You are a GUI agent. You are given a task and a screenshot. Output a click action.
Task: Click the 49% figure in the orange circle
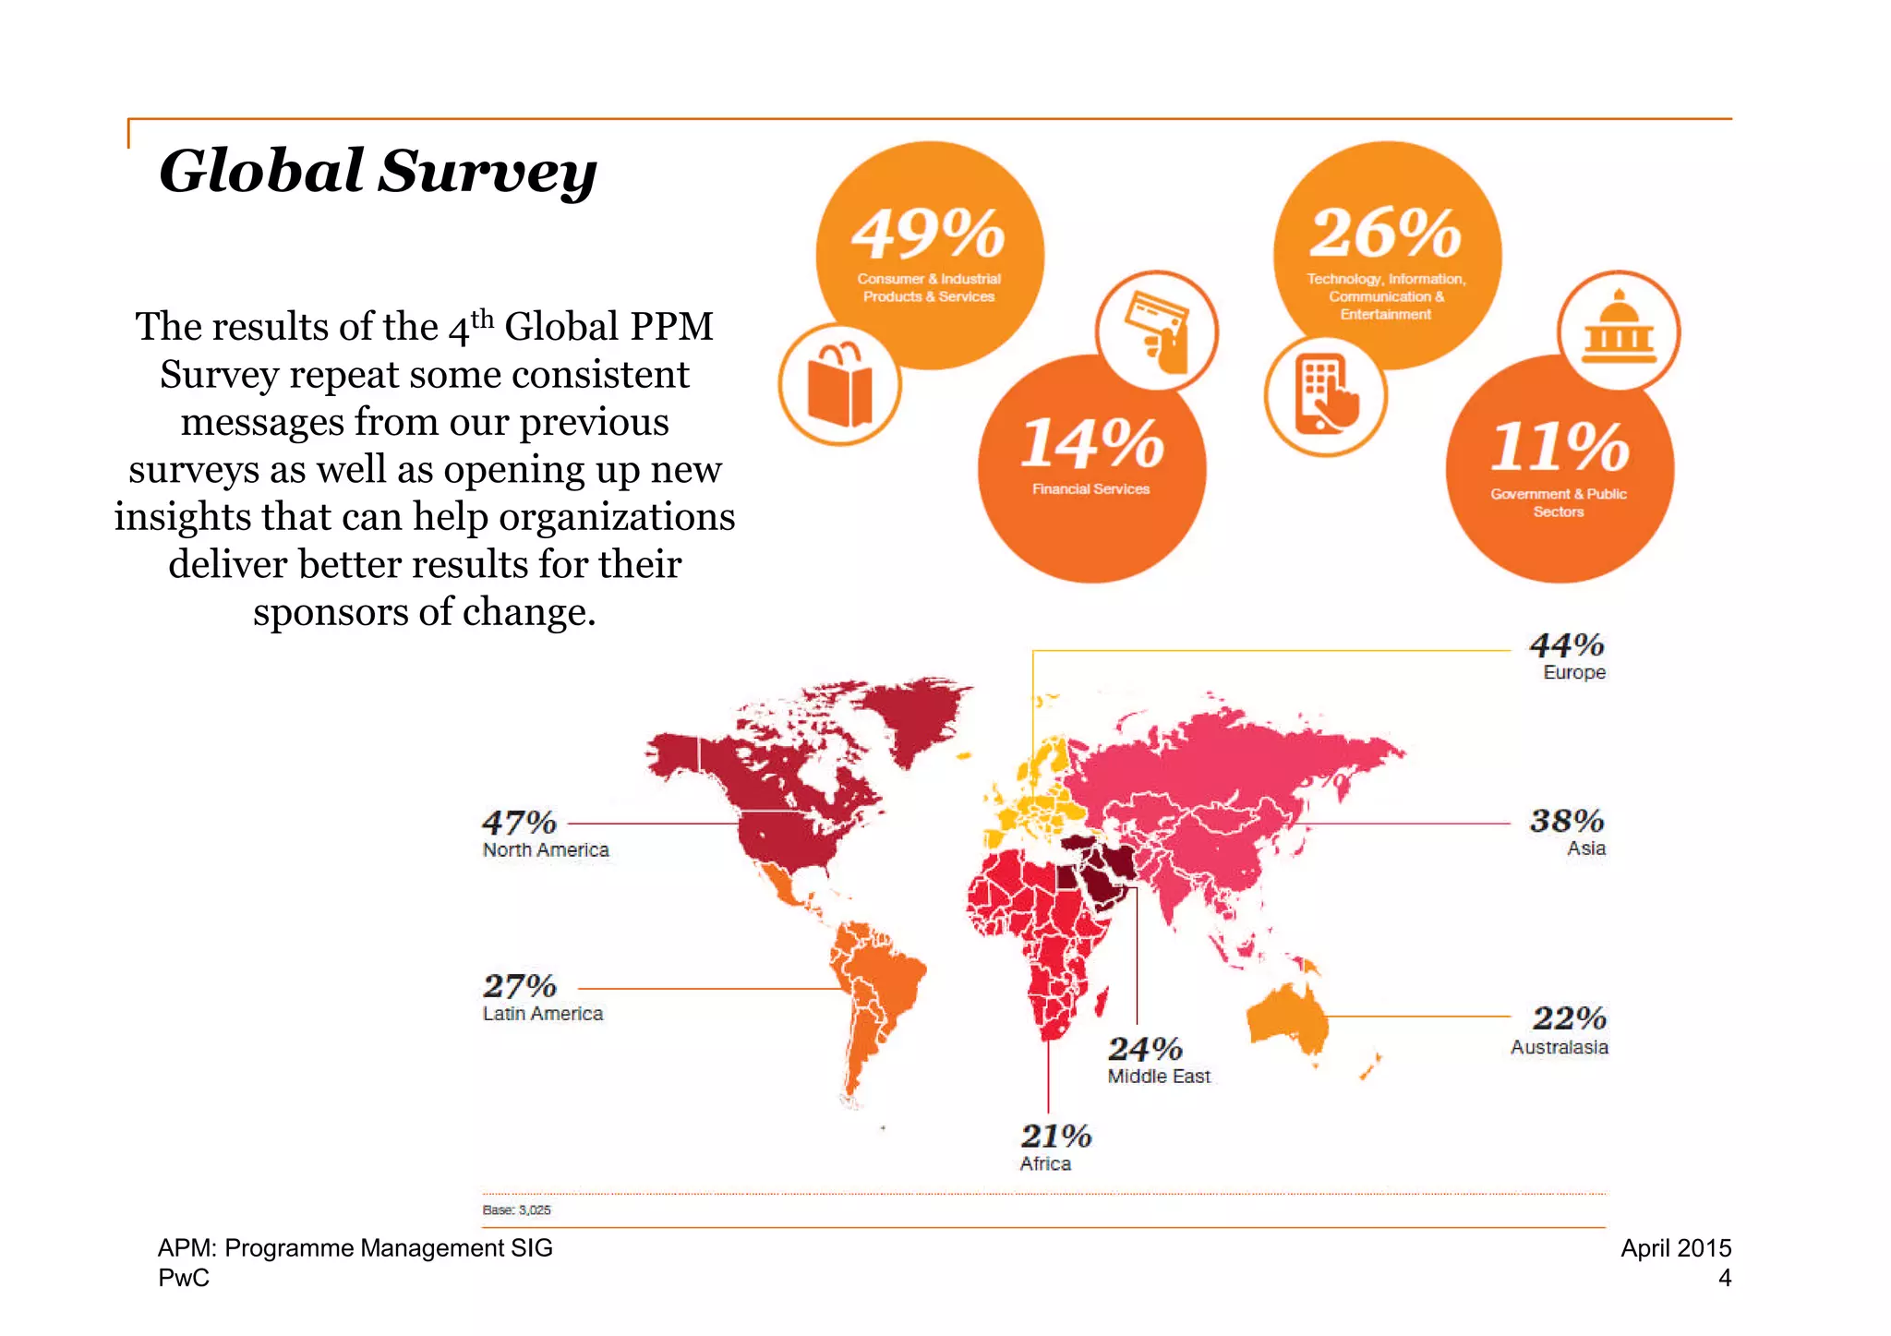pyautogui.click(x=928, y=233)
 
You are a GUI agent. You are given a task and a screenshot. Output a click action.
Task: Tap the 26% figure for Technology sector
pyautogui.click(x=1385, y=233)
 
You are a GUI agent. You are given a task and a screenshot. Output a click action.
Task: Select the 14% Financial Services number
pyautogui.click(x=1092, y=444)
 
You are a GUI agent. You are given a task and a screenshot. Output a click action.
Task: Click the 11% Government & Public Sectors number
pyautogui.click(x=1560, y=447)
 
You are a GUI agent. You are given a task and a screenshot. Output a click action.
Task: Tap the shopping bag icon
pyautogui.click(x=839, y=385)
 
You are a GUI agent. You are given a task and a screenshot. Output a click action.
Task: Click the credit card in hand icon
pyautogui.click(x=1157, y=331)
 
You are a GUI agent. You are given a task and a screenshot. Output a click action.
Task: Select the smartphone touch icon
pyautogui.click(x=1326, y=395)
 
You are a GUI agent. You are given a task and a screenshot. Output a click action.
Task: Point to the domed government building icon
pyautogui.click(x=1618, y=331)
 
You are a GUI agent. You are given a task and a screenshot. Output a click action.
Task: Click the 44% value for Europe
pyautogui.click(x=1566, y=644)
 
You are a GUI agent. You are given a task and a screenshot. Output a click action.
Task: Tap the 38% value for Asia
pyautogui.click(x=1566, y=820)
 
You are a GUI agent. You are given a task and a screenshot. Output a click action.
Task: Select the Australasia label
pyautogui.click(x=1559, y=1047)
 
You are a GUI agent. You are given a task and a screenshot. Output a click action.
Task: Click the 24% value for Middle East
pyautogui.click(x=1144, y=1049)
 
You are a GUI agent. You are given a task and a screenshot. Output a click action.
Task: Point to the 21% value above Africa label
pyautogui.click(x=1055, y=1136)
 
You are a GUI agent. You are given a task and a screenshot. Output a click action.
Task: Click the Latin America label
pyautogui.click(x=542, y=1014)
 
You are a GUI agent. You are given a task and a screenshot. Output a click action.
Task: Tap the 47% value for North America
pyautogui.click(x=519, y=822)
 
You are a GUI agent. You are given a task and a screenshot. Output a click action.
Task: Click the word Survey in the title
pyautogui.click(x=487, y=172)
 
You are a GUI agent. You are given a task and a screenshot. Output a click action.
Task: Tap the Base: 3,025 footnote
pyautogui.click(x=516, y=1210)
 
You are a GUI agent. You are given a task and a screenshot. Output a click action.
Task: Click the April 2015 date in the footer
pyautogui.click(x=1675, y=1248)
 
